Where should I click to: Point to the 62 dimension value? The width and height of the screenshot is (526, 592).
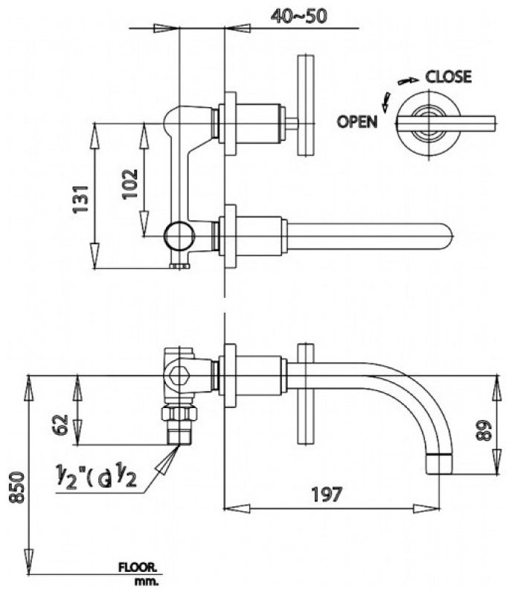(62, 424)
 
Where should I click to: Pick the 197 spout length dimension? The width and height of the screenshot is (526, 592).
(327, 494)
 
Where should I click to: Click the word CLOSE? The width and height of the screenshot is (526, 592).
(448, 77)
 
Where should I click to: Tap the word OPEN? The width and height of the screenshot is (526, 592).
(357, 122)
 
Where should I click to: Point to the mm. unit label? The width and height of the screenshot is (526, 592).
(145, 579)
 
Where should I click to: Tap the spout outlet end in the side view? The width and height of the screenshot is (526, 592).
(438, 462)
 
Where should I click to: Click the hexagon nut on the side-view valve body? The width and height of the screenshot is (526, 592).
(176, 375)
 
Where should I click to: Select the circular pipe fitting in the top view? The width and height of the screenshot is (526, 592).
(179, 236)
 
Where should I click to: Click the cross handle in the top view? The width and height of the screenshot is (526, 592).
(304, 105)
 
